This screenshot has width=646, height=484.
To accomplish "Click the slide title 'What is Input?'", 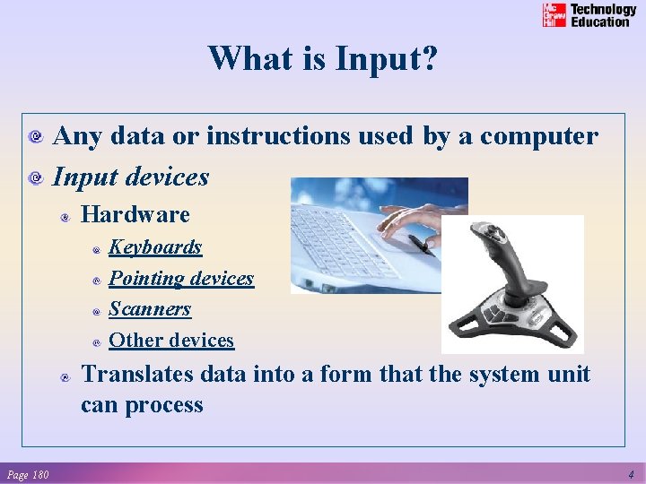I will [323, 59].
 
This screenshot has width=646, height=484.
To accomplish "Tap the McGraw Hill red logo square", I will [554, 15].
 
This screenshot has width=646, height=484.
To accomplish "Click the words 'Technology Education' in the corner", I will [603, 15].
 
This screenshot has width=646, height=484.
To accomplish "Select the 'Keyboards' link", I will [155, 246].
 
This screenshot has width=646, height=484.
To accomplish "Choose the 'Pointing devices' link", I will [181, 278].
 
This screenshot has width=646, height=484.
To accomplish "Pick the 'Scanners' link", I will [150, 309].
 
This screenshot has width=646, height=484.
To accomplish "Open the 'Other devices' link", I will [171, 341].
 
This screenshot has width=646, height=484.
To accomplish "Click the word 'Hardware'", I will [135, 215].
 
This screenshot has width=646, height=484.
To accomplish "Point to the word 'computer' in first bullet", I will [538, 136].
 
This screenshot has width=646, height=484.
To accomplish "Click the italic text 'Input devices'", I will [131, 177].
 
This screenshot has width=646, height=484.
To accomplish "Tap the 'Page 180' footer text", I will [28, 474].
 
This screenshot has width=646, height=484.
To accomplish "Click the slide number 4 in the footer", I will [631, 474].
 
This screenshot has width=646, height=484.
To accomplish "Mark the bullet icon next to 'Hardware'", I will [65, 216].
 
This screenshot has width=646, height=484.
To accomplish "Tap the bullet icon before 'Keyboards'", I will [96, 248].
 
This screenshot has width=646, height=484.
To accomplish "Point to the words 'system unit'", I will [528, 374].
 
